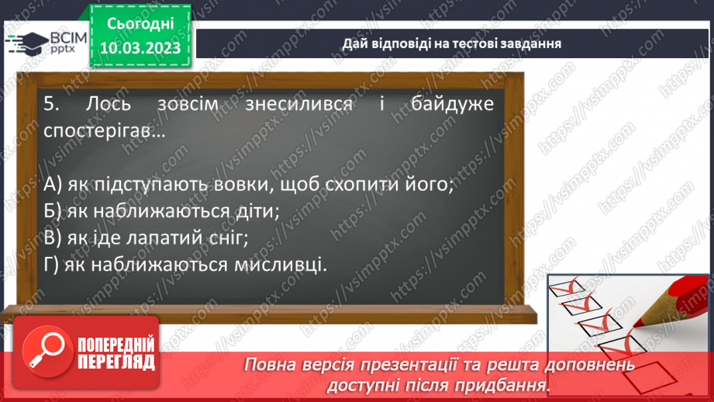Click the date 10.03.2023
click(x=140, y=48)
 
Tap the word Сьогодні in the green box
click(x=140, y=24)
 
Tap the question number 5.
click(x=50, y=104)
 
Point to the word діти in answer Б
click(x=256, y=212)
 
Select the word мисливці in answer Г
click(x=279, y=265)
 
